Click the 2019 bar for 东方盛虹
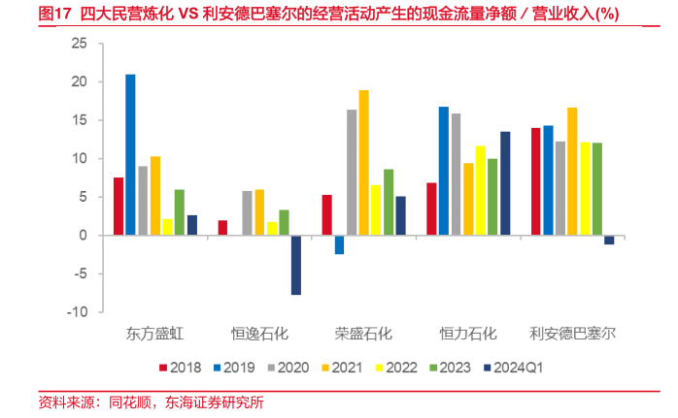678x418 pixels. coord(130,154)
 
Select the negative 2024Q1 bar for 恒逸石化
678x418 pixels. coord(295,265)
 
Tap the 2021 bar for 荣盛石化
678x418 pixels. coord(363,162)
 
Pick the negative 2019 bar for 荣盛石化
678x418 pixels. coord(339,244)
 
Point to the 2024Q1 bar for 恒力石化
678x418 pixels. coord(505,183)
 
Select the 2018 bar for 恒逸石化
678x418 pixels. coord(221,228)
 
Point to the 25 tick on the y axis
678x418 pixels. coord(80,45)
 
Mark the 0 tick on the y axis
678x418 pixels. coord(83,236)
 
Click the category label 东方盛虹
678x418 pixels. coord(154,334)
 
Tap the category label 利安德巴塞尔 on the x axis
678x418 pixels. coord(572,334)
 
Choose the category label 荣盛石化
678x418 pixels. coord(363,334)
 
